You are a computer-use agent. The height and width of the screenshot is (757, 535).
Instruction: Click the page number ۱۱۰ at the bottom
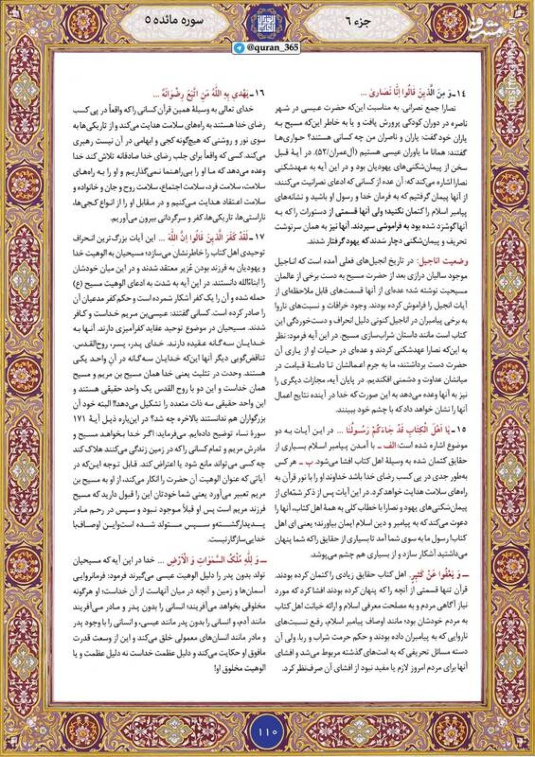(x=267, y=730)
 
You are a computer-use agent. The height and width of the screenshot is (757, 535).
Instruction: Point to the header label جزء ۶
(x=366, y=21)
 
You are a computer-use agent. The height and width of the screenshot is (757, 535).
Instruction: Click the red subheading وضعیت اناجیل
(x=443, y=259)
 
